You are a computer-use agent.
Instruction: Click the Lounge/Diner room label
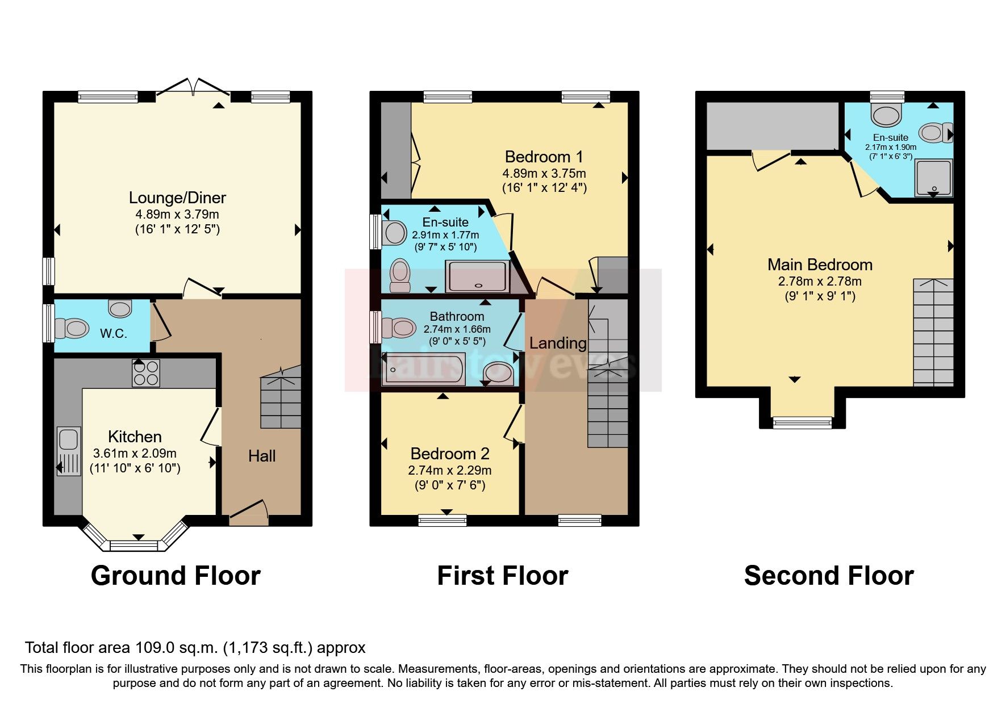[177, 198]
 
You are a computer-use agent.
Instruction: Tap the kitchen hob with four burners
[146, 373]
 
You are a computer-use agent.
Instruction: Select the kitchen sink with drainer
[69, 451]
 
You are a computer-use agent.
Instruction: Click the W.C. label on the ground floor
[113, 333]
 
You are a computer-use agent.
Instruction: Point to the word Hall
[262, 456]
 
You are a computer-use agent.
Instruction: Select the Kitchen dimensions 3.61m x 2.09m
[135, 454]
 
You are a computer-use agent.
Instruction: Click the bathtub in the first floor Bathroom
[424, 370]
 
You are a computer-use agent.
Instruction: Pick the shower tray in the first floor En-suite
[477, 276]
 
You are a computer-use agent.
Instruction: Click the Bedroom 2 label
[450, 454]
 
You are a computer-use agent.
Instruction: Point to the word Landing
[557, 343]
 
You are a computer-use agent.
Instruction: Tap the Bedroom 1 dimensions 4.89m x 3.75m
[544, 173]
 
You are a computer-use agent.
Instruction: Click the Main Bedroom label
[819, 265]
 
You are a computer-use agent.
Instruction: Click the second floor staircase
[933, 332]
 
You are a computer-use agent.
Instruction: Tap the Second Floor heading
[828, 576]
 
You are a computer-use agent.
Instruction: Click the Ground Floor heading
[176, 576]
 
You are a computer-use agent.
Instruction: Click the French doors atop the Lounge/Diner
[193, 88]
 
